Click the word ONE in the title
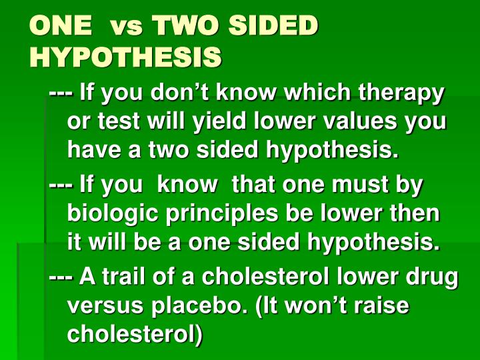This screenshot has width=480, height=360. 61,26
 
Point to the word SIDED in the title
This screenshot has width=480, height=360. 273,26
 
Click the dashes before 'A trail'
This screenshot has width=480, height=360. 61,276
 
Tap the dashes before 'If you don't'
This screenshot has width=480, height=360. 61,94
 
